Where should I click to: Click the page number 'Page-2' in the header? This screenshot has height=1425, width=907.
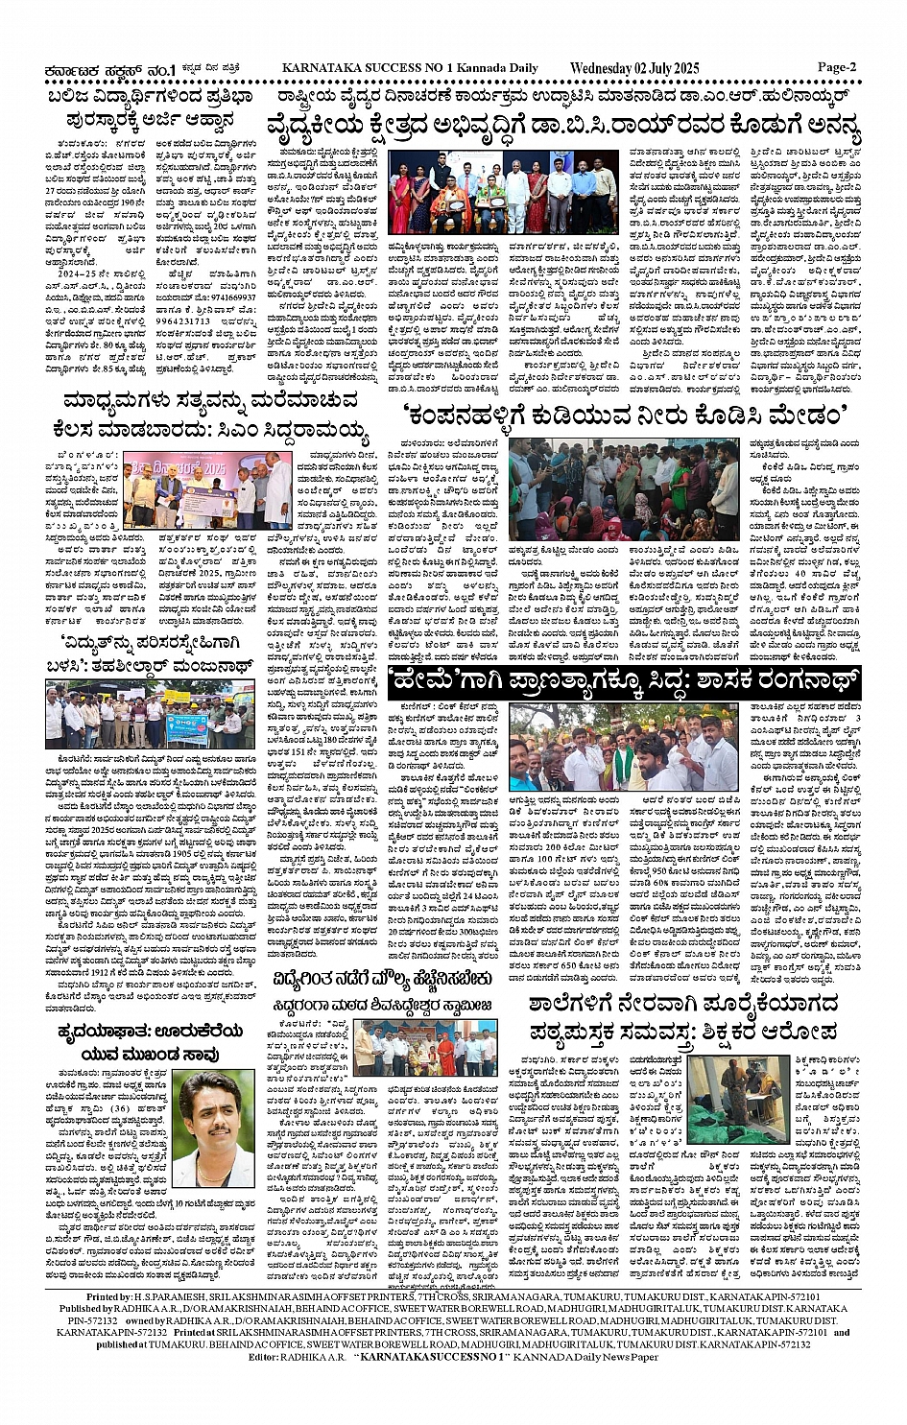(x=837, y=67)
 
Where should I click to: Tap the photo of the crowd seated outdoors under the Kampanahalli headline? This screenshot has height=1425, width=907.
(x=624, y=489)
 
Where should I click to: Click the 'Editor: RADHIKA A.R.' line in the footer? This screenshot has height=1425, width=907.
(x=453, y=1356)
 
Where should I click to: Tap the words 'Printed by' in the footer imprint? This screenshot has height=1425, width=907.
(x=116, y=1296)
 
